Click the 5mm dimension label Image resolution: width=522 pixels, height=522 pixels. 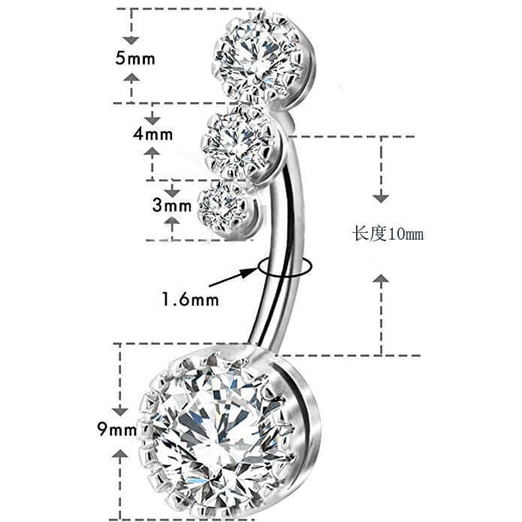tap(135, 59)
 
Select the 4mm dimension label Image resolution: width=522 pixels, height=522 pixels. tap(152, 134)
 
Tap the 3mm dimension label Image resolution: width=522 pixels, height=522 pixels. tap(172, 205)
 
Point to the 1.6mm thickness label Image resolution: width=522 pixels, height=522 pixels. tap(191, 299)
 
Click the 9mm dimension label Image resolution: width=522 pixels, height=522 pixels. tap(117, 429)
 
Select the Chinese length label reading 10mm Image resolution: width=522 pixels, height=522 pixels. tap(388, 234)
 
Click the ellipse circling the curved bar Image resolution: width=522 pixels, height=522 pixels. tap(285, 267)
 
